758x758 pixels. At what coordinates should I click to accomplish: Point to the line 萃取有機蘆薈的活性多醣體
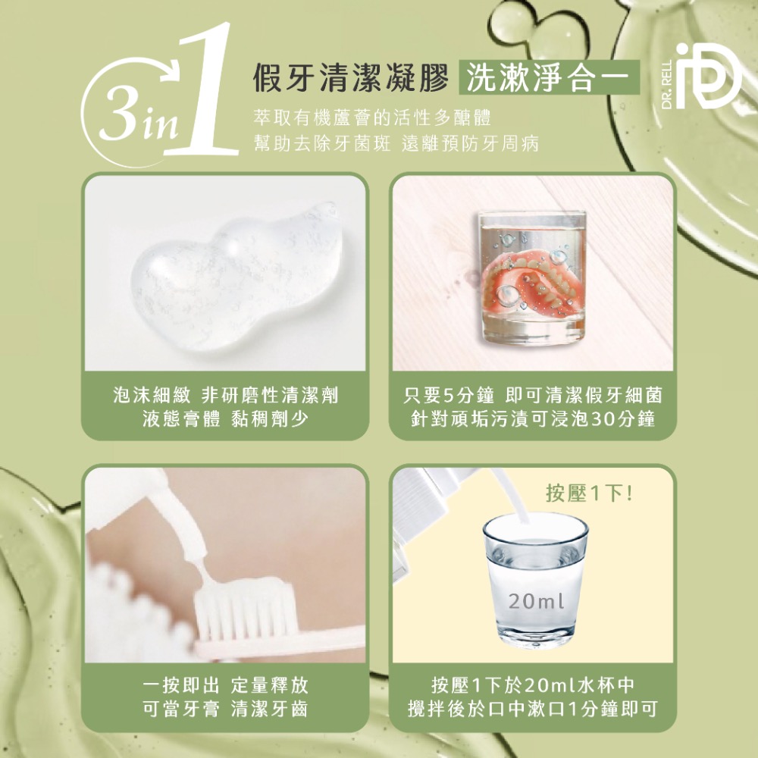click(372, 118)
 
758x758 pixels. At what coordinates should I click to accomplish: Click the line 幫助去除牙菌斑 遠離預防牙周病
click(396, 143)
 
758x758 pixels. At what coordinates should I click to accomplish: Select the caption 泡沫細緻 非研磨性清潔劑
click(225, 395)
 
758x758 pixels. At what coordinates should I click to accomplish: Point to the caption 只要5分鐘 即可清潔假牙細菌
click(532, 395)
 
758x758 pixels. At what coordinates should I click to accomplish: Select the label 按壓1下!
click(590, 493)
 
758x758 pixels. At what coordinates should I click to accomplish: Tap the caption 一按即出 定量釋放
click(225, 686)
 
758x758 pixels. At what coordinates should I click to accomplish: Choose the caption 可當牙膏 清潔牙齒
click(225, 709)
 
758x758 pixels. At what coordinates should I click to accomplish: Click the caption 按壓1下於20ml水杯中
click(532, 686)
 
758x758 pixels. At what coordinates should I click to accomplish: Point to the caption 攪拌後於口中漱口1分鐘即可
click(532, 709)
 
